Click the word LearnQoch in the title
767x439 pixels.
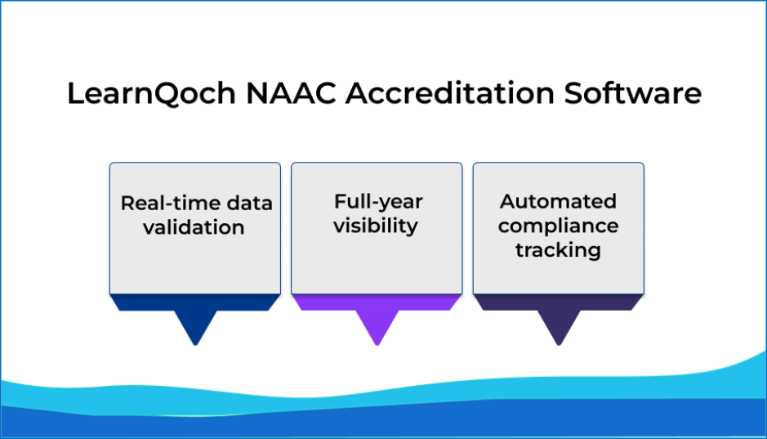tap(151, 93)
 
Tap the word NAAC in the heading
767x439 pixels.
tap(291, 93)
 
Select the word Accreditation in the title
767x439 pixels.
tap(450, 92)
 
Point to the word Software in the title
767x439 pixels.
tap(633, 92)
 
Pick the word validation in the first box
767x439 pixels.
tap(194, 227)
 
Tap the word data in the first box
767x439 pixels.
tap(249, 203)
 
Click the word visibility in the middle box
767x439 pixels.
tap(376, 226)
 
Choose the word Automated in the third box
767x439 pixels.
tap(558, 201)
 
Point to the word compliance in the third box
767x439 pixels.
tap(558, 226)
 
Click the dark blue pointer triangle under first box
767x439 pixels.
tap(195, 324)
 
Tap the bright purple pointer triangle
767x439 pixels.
tap(377, 324)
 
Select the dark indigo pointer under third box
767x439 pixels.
tap(559, 324)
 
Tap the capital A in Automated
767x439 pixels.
tap(508, 201)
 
